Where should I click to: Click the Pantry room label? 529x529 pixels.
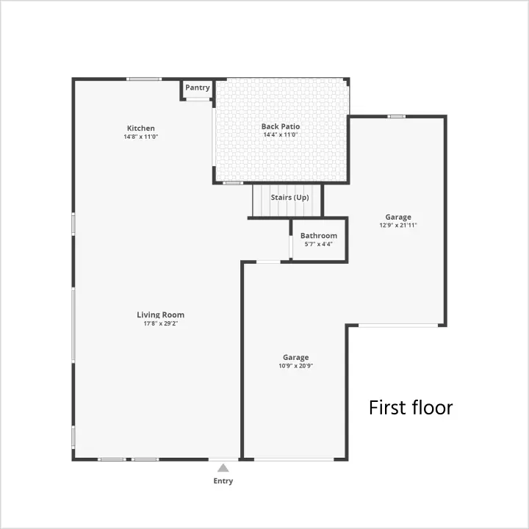tap(198, 87)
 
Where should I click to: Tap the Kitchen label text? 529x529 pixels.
tap(140, 128)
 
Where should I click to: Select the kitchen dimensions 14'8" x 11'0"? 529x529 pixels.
tap(140, 137)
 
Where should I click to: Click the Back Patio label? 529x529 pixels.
tap(281, 126)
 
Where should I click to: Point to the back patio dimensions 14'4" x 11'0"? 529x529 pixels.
tap(281, 134)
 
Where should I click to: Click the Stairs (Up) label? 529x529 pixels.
tap(289, 198)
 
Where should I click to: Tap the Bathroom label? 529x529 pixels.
tap(318, 236)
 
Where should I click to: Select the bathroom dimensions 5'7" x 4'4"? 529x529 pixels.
tap(318, 244)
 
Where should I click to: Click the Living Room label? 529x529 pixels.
tap(161, 314)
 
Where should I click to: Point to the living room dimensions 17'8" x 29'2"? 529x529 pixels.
tap(161, 323)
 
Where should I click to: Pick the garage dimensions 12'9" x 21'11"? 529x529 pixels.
tap(398, 225)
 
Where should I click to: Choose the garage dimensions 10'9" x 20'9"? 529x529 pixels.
tap(295, 366)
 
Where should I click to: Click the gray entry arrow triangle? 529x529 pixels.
tap(223, 467)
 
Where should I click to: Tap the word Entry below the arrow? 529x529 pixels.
tap(223, 481)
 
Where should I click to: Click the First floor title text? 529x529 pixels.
tap(411, 408)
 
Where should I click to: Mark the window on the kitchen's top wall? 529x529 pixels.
tap(144, 79)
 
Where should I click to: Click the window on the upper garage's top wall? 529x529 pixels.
tap(397, 116)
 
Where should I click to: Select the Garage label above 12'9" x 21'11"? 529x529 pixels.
tap(398, 217)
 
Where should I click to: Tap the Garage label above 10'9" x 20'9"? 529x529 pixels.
tap(295, 357)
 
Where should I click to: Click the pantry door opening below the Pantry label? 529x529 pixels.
tap(198, 99)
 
